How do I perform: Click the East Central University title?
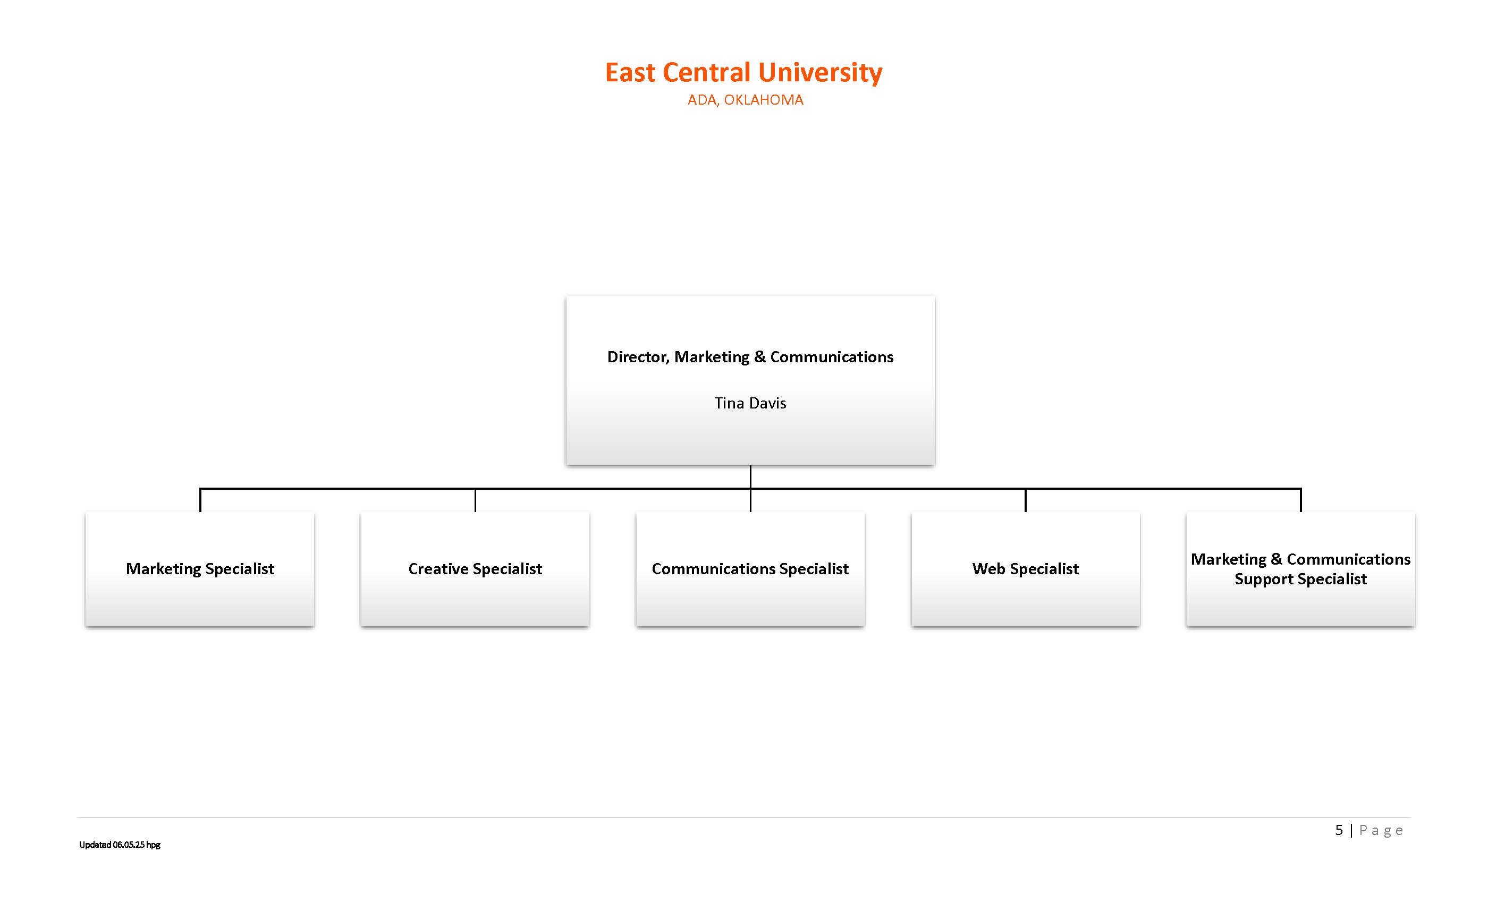click(743, 72)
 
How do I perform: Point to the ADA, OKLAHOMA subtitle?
click(745, 100)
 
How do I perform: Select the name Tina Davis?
click(750, 403)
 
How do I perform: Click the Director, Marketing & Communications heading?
click(750, 357)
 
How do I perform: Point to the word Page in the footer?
click(1381, 831)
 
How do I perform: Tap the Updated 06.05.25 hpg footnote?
click(120, 845)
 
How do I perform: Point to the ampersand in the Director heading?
click(760, 357)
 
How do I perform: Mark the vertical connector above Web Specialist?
click(1026, 500)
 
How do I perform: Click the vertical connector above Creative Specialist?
click(475, 500)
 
